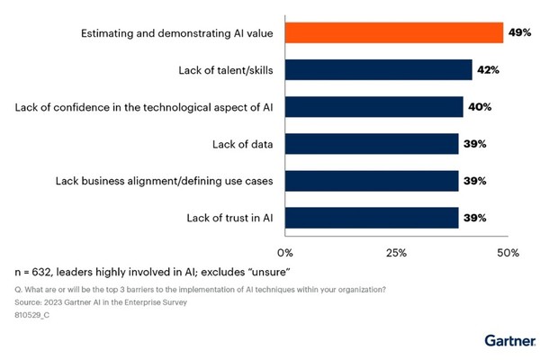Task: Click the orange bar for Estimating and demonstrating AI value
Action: pyautogui.click(x=394, y=32)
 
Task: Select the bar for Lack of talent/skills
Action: pyautogui.click(x=378, y=69)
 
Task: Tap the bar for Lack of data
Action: pyautogui.click(x=372, y=144)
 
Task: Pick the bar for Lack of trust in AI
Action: pyautogui.click(x=372, y=218)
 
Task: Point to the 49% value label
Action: pyautogui.click(x=519, y=32)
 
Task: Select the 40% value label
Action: pyautogui.click(x=479, y=107)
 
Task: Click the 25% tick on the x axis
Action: pyautogui.click(x=397, y=253)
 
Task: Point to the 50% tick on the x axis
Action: pyautogui.click(x=508, y=253)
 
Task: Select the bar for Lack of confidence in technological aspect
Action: pyautogui.click(x=373, y=107)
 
